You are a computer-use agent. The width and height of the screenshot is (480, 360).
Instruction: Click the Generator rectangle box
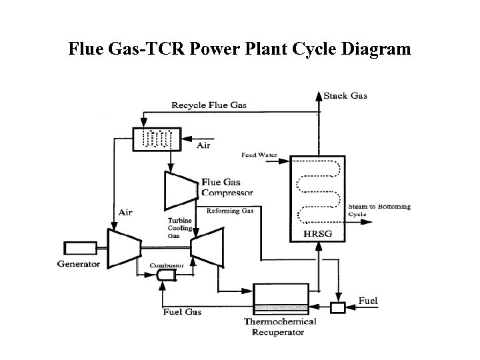81,248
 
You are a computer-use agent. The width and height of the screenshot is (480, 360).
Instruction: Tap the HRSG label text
317,234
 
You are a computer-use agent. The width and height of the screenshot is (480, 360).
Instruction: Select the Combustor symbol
166,275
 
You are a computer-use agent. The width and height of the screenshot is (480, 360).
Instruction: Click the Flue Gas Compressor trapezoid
181,191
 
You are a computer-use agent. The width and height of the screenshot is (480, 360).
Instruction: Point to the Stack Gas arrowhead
319,96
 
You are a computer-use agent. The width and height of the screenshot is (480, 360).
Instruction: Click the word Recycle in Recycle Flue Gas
189,105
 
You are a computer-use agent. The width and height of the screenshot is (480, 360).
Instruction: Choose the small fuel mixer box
338,307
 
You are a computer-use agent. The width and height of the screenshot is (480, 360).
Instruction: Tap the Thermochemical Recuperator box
281,299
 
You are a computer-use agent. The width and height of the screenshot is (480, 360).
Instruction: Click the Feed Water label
259,155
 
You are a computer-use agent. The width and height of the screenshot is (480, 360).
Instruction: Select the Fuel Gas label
182,312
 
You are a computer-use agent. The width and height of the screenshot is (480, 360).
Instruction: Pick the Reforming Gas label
230,211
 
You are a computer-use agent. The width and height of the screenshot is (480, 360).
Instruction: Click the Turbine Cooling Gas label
180,228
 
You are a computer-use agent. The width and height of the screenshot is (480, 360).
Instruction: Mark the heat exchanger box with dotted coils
157,139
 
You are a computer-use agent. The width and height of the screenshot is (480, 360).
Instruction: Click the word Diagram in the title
376,49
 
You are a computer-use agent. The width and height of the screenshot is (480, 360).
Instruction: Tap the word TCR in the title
165,49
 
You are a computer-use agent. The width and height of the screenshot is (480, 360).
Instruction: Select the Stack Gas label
345,96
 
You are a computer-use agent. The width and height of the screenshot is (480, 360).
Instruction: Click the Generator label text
79,264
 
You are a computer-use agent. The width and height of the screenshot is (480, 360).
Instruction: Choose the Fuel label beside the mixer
368,301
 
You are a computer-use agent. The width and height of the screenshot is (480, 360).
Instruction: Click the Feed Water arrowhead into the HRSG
284,161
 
